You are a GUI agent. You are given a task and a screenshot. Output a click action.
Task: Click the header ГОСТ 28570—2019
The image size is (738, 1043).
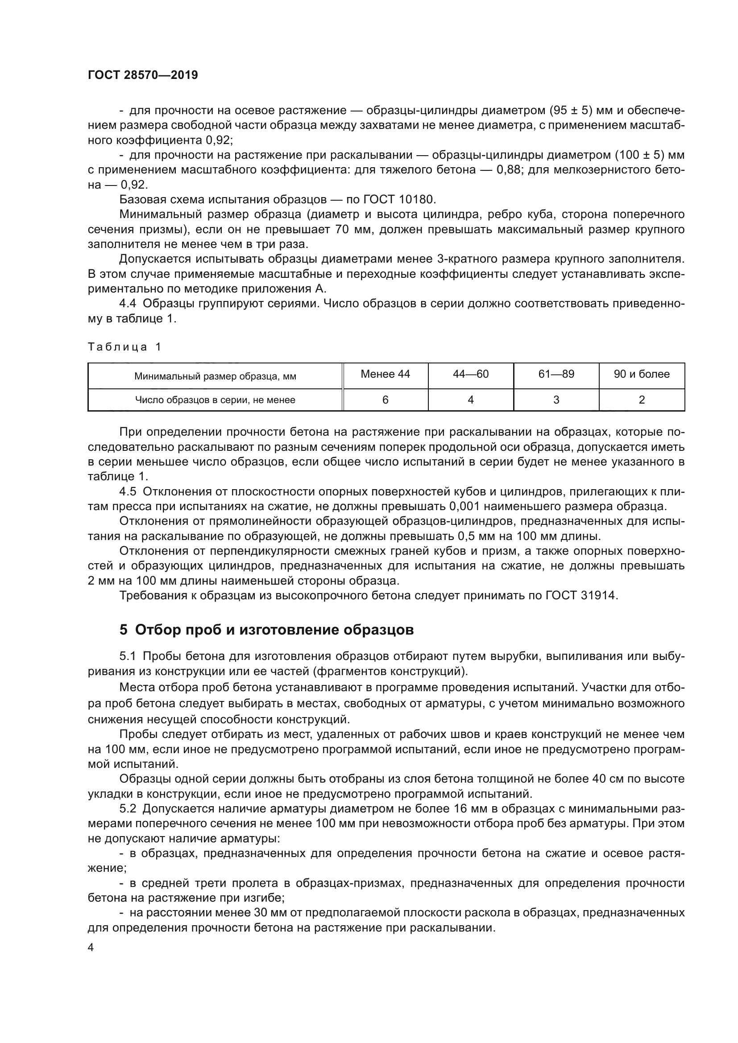[x=143, y=75]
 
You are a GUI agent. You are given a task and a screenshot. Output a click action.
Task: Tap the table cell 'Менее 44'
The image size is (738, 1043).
[x=385, y=374]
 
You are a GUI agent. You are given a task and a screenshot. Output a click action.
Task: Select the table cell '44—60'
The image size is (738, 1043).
[x=470, y=374]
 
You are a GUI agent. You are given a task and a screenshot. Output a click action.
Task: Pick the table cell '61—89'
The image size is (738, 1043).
[x=556, y=374]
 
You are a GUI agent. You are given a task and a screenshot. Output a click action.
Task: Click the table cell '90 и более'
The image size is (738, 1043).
[x=641, y=374]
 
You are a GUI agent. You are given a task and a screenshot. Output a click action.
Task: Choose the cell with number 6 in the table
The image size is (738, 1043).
[x=385, y=400]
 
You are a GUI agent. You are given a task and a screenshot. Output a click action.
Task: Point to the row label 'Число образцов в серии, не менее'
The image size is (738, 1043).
[x=215, y=400]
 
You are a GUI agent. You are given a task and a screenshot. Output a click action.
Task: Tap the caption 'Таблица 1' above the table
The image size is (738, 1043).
[x=124, y=347]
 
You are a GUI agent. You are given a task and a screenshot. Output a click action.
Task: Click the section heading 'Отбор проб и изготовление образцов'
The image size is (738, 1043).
[x=274, y=630]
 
